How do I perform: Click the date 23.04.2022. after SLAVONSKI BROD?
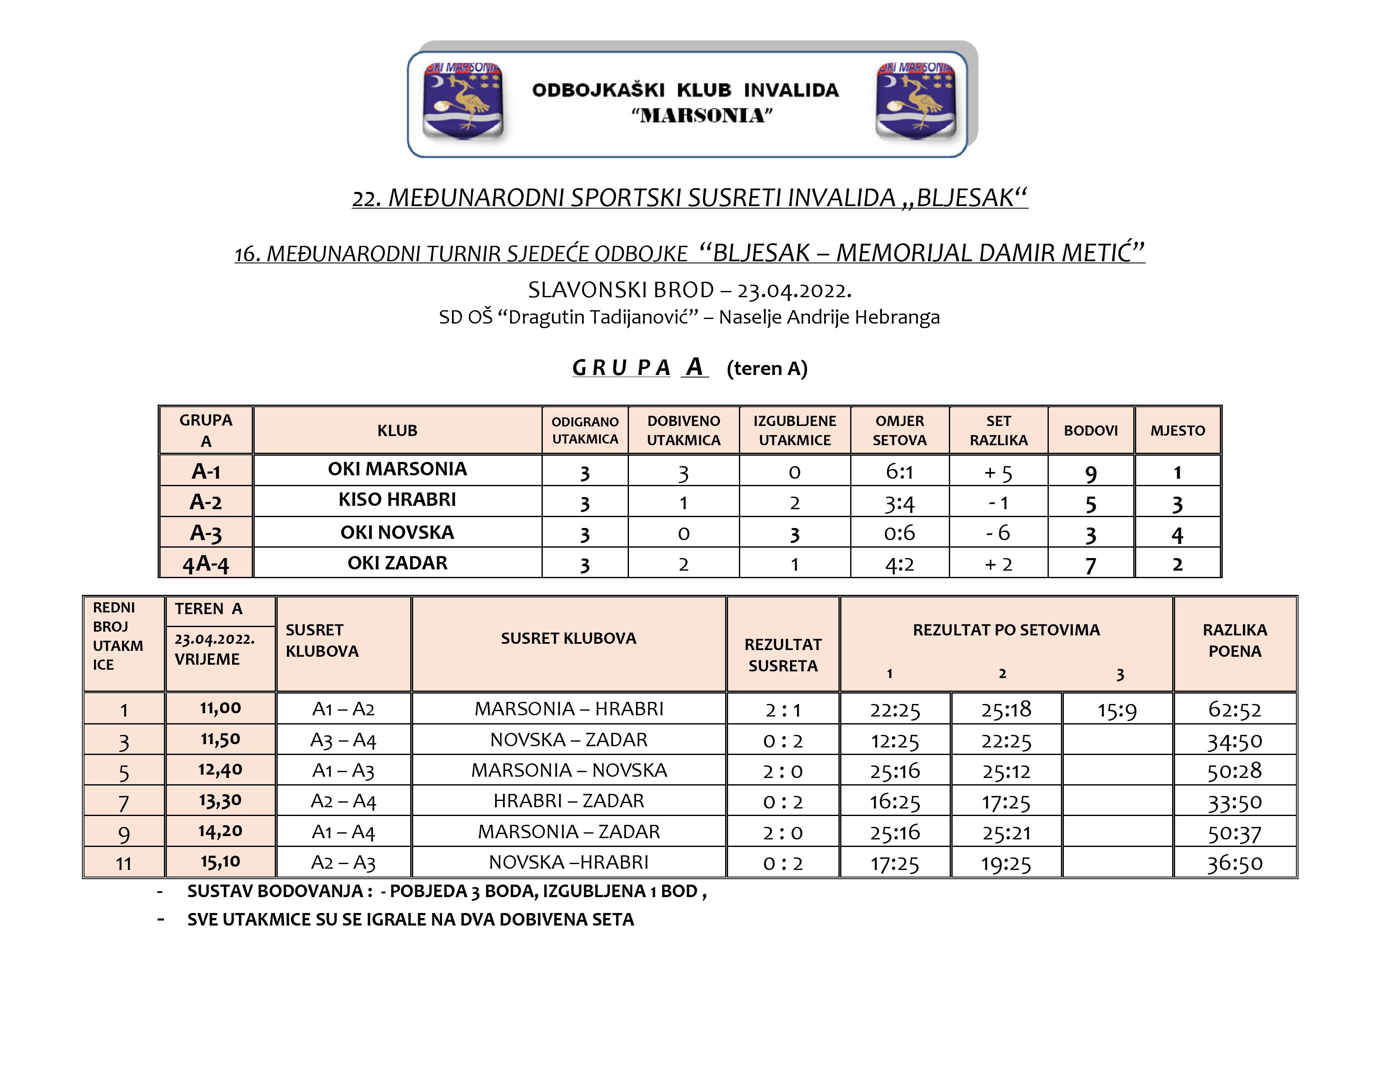point(794,291)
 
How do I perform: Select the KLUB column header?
point(397,431)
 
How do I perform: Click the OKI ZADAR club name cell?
point(397,563)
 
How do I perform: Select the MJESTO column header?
point(1177,431)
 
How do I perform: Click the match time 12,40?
point(220,770)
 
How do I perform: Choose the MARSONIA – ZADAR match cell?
point(569,832)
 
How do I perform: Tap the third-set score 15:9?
point(1117,710)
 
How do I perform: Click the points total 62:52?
point(1234,710)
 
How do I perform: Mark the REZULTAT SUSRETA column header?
point(783,655)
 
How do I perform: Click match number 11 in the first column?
point(124,863)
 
